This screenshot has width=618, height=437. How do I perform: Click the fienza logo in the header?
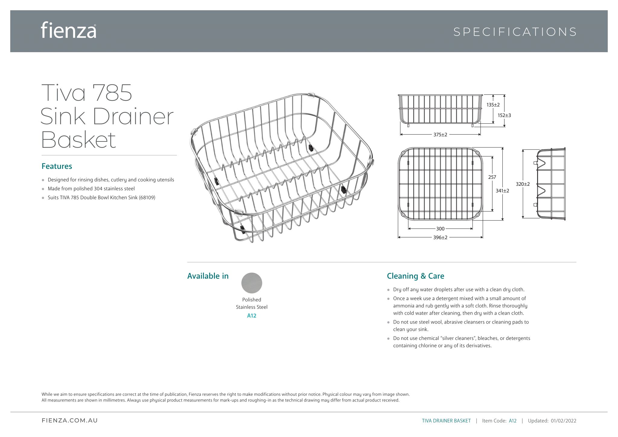pos(68,30)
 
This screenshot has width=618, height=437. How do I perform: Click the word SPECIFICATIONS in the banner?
pos(515,32)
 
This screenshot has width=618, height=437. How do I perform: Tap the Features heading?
pos(57,166)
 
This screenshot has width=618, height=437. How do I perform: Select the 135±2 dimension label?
pos(493,105)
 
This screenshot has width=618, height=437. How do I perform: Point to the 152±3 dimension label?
pos(504,116)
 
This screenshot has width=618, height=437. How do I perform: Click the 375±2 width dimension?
pos(440,135)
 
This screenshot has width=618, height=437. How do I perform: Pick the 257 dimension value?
pos(492,177)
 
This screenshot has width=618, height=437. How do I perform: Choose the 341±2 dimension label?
pos(502,191)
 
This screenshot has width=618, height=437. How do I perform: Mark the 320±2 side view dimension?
pos(523,184)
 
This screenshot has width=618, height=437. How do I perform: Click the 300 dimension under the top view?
pos(440,229)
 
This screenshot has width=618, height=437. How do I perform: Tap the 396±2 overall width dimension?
pos(440,238)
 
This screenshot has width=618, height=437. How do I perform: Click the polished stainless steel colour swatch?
pos(252,283)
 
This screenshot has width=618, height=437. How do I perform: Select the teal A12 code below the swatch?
pos(252,316)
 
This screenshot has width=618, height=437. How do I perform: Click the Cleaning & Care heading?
pos(416,276)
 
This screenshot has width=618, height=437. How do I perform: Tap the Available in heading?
pos(208,276)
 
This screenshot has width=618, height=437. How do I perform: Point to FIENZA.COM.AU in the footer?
pos(70,421)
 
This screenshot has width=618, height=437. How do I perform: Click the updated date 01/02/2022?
pos(563,421)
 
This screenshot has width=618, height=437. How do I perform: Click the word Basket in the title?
pos(78,140)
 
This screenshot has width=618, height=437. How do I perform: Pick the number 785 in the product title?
pos(112,93)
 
